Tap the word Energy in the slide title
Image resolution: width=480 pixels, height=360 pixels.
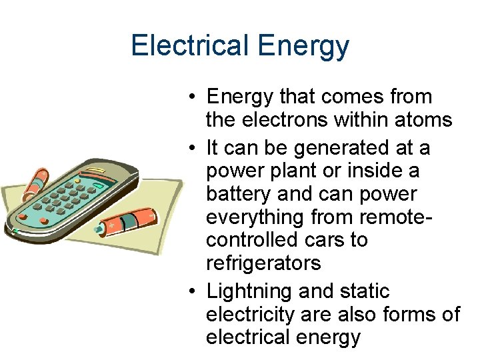pos(302,46)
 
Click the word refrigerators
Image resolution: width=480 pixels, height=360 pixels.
pos(263,263)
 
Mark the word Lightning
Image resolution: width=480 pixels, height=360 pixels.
pos(250,291)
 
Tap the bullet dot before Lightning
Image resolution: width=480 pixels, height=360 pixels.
pos(191,292)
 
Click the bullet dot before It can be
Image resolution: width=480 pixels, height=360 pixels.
pos(191,147)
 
